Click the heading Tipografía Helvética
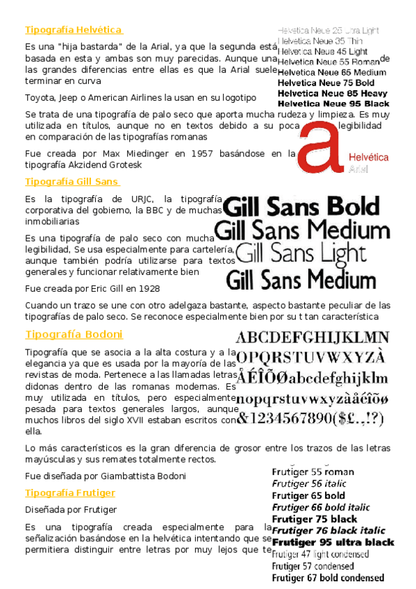(x=74, y=30)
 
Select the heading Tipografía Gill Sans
(x=72, y=182)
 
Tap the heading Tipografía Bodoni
(x=74, y=335)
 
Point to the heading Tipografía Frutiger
(x=70, y=492)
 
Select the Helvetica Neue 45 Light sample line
(x=322, y=51)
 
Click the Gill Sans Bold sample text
(x=303, y=206)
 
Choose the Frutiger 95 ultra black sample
(x=333, y=542)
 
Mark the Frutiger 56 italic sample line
(x=308, y=483)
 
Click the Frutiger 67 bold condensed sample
(x=328, y=578)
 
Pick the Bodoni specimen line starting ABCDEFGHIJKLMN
(x=313, y=338)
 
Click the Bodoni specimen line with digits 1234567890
(x=310, y=418)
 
